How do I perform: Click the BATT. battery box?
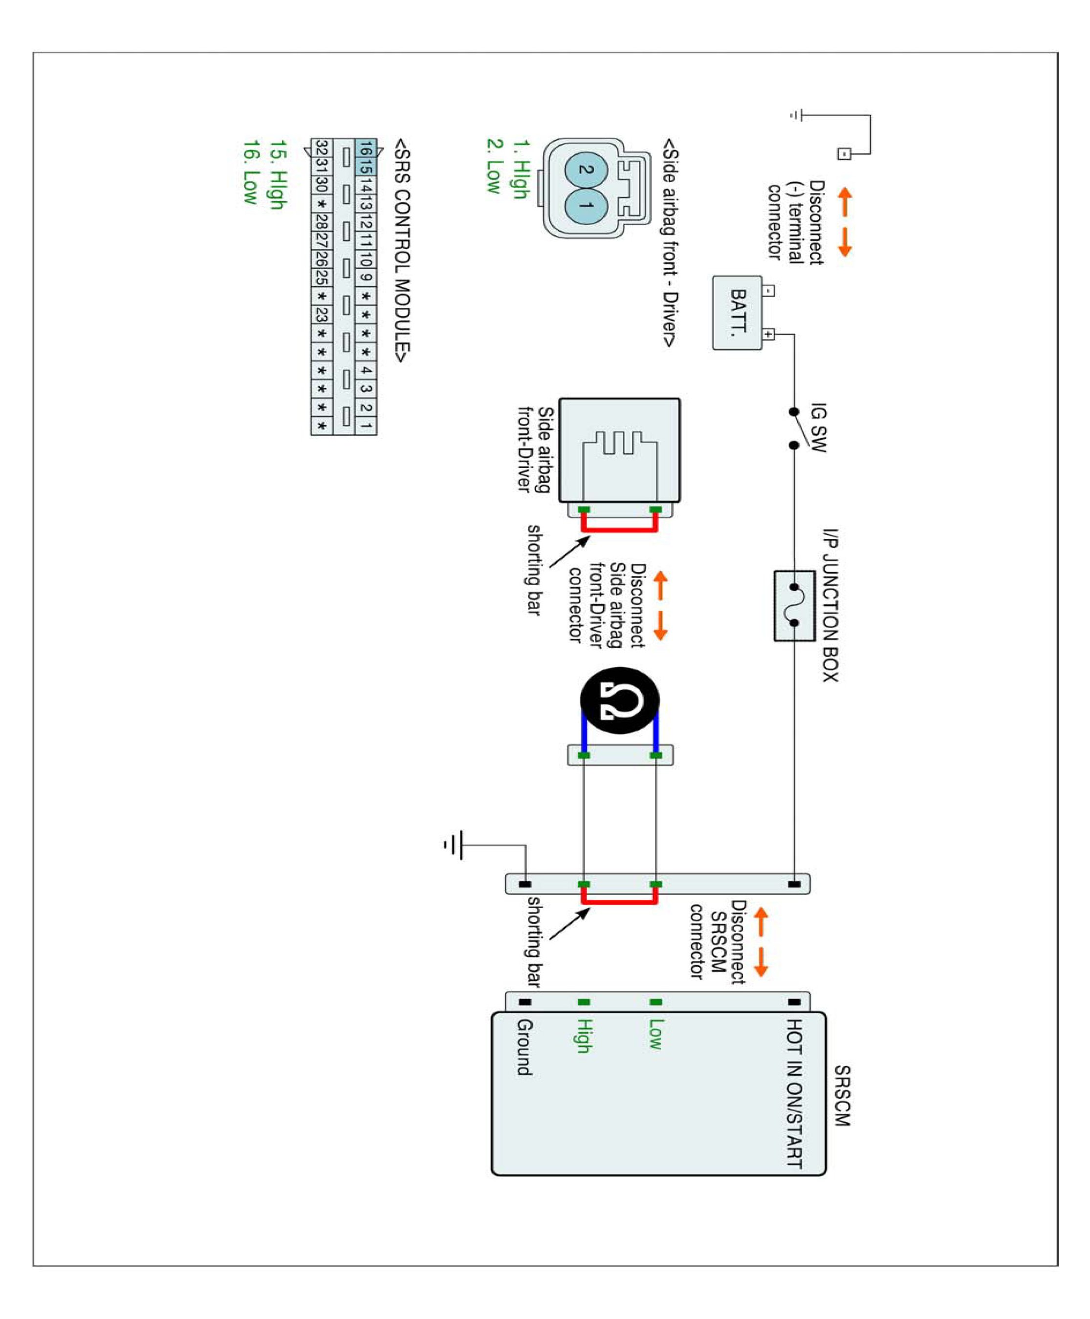pyautogui.click(x=737, y=313)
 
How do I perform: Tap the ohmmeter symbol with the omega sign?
pyautogui.click(x=620, y=700)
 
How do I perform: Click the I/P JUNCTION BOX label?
pyautogui.click(x=830, y=606)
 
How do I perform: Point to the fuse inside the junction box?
pyautogui.click(x=794, y=606)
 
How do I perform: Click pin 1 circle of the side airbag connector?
pyautogui.click(x=586, y=206)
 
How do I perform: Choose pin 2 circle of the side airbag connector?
pyautogui.click(x=586, y=170)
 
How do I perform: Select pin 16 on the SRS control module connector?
pyautogui.click(x=366, y=148)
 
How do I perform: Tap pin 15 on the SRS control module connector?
pyautogui.click(x=366, y=167)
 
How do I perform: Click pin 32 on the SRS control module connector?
pyautogui.click(x=321, y=148)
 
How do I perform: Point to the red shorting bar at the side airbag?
pyautogui.click(x=620, y=529)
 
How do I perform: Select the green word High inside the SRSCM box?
pyautogui.click(x=585, y=1035)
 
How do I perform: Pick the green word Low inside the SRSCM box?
pyautogui.click(x=655, y=1034)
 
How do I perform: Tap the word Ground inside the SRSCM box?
pyautogui.click(x=524, y=1047)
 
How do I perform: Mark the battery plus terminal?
pyautogui.click(x=768, y=335)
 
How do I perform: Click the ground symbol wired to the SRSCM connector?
pyautogui.click(x=455, y=845)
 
